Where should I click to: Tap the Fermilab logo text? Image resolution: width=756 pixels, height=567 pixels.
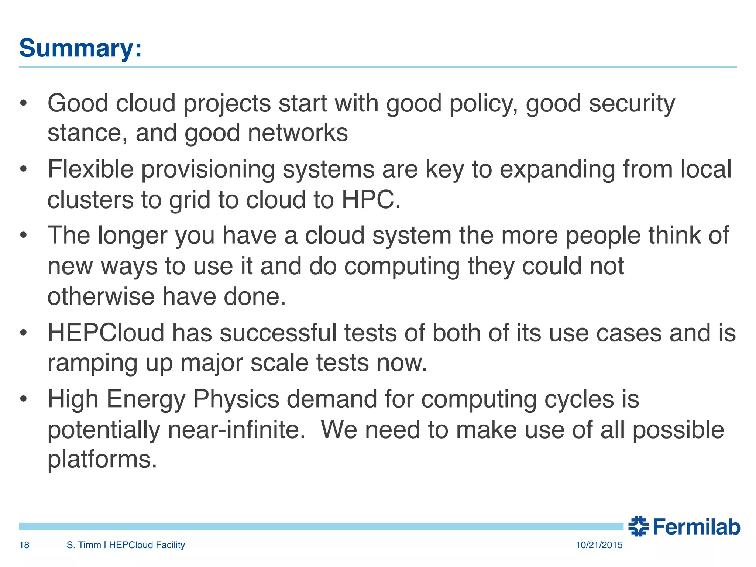point(696,527)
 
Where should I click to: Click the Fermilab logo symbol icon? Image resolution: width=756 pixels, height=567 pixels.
point(639,526)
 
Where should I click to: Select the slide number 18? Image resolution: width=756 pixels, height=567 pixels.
point(24,545)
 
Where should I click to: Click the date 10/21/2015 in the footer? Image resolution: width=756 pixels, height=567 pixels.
point(599,545)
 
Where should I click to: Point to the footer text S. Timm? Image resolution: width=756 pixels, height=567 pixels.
point(84,545)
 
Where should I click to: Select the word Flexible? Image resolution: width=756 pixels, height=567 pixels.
point(90,169)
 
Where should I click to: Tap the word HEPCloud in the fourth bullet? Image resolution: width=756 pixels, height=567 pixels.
point(106,333)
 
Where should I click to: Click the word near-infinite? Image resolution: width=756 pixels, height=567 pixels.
point(236,430)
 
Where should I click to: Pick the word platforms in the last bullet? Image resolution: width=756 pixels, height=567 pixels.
point(102,459)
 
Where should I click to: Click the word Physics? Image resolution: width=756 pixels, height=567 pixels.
point(236,399)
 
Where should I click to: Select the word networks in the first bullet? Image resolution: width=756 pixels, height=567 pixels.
point(298,133)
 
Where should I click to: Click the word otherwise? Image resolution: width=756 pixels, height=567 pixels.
point(101,296)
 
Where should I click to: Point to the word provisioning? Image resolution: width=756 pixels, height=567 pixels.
point(208,170)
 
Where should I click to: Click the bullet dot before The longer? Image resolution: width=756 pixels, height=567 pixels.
point(24,235)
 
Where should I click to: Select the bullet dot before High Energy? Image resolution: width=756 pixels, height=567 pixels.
point(24,399)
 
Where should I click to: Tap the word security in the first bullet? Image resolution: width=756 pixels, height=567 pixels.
point(632,103)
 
